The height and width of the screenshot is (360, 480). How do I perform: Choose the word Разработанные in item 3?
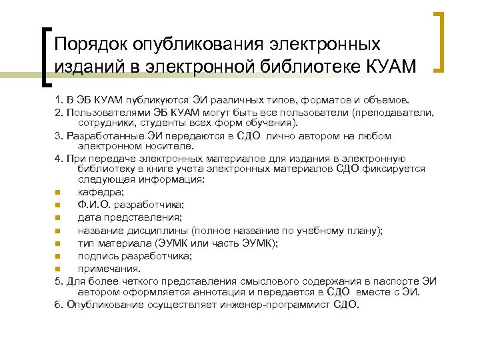104,135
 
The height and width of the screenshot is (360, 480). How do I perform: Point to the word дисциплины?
154,230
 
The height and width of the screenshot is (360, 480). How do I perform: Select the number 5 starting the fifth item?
57,281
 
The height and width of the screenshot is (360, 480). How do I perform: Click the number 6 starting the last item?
57,305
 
